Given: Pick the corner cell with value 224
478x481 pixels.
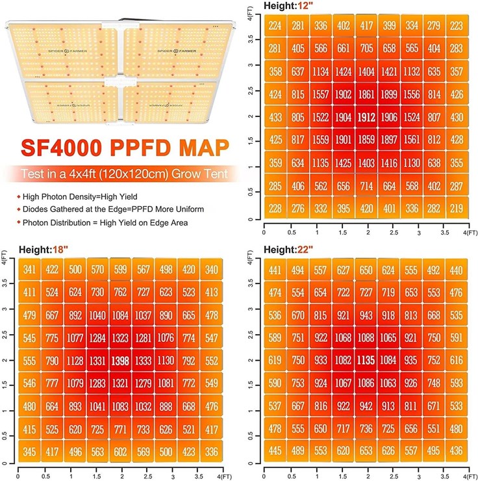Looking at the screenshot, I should pyautogui.click(x=276, y=25).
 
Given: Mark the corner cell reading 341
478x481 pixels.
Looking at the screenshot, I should pyautogui.click(x=29, y=270).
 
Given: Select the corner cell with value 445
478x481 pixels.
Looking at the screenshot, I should pyautogui.click(x=275, y=450).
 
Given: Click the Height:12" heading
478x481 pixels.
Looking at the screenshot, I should pyautogui.click(x=286, y=5).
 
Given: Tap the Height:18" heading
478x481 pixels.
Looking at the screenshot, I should pyautogui.click(x=42, y=249).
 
